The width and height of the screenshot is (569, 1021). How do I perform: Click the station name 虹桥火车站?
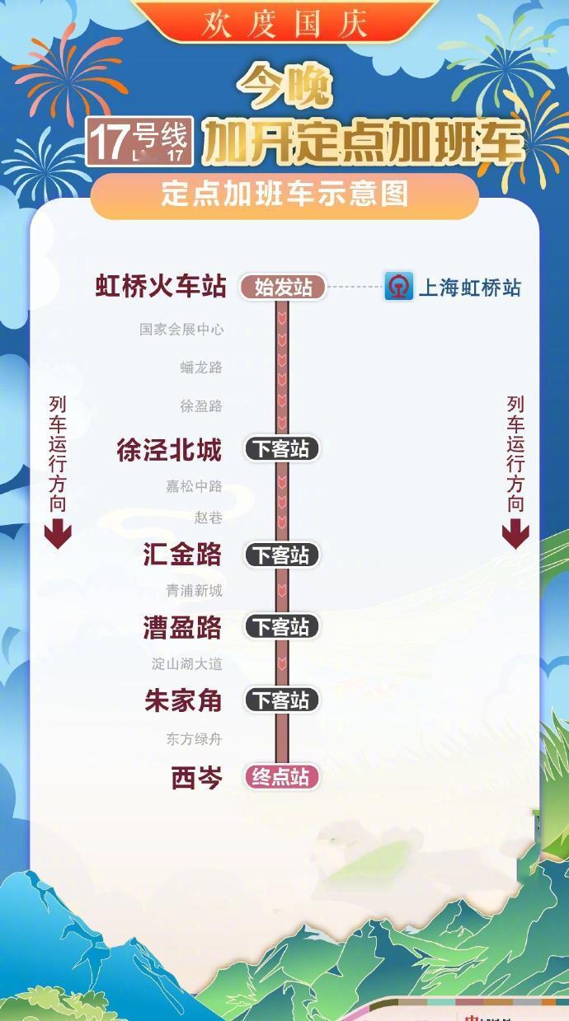click(161, 287)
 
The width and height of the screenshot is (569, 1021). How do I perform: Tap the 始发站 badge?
click(283, 288)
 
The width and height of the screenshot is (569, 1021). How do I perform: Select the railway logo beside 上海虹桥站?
click(399, 287)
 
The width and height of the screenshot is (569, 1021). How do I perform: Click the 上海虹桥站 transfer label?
click(470, 288)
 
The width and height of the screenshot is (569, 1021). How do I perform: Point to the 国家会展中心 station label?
click(181, 330)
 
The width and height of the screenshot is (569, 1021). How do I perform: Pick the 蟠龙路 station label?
click(201, 368)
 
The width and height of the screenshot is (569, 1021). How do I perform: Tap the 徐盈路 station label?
click(201, 406)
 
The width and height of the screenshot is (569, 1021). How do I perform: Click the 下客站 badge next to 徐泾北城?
click(281, 449)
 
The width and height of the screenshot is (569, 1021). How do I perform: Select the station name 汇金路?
click(182, 555)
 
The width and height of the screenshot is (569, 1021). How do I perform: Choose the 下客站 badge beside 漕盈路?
click(281, 627)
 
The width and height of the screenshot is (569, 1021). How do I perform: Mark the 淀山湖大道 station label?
click(187, 663)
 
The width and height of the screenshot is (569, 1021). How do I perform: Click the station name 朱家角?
click(182, 700)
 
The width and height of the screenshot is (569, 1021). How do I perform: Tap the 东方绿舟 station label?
click(194, 739)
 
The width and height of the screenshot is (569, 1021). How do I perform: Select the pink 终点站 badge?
click(281, 777)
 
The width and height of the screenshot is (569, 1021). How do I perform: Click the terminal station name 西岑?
click(196, 777)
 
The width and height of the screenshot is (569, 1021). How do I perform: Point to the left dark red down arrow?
click(57, 536)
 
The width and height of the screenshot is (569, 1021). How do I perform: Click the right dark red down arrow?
click(515, 536)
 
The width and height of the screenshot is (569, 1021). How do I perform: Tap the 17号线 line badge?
click(140, 140)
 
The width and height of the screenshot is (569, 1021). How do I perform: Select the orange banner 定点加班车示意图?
click(284, 195)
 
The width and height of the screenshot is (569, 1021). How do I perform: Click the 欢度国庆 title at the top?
click(284, 22)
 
